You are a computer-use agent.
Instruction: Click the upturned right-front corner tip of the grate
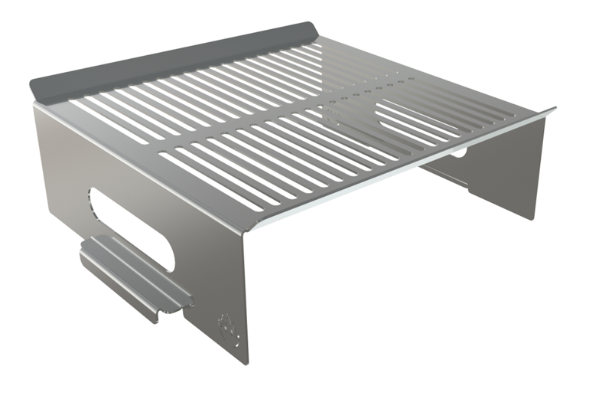(x=552, y=110)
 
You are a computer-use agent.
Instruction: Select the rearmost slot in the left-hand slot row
(x=306, y=54)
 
